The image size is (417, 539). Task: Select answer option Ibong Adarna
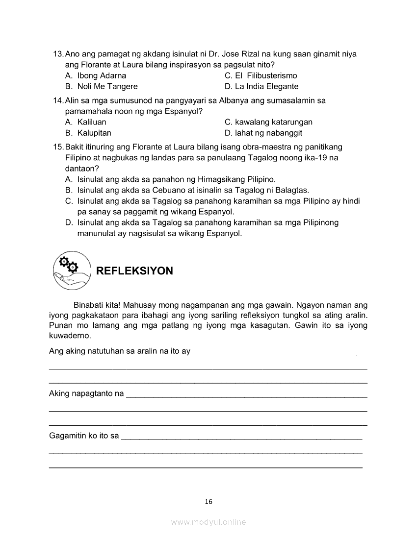click(102, 75)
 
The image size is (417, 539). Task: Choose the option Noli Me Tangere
click(107, 86)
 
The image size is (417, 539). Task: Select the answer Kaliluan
click(92, 122)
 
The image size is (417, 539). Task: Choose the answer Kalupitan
click(94, 133)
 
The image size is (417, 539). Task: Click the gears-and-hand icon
click(72, 270)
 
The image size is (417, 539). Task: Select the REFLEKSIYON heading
click(134, 271)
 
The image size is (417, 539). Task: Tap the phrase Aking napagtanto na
click(86, 393)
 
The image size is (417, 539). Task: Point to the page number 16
click(208, 501)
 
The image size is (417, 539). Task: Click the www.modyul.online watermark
click(208, 522)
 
